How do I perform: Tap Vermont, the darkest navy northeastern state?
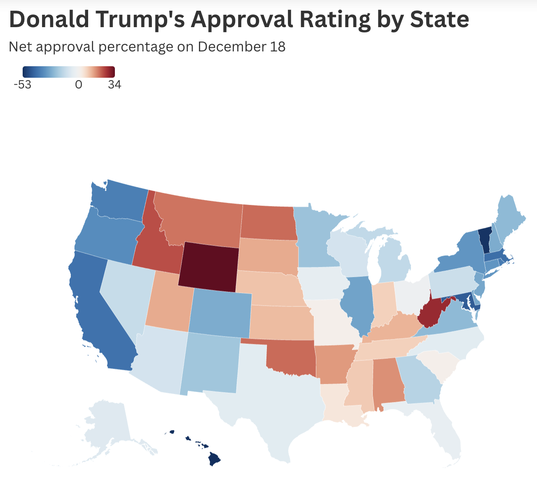click(485, 241)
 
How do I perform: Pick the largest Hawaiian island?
click(215, 459)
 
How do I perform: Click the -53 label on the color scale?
click(22, 85)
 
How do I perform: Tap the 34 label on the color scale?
click(114, 85)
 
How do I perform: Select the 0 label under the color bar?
click(79, 85)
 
